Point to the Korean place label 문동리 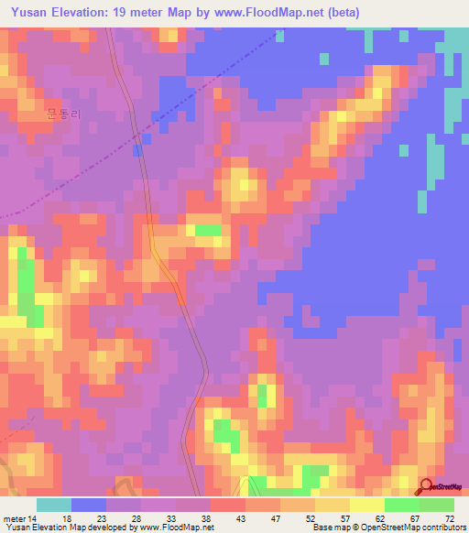pyautogui.click(x=63, y=115)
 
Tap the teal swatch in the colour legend pyautogui.click(x=54, y=505)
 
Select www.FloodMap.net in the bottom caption pyautogui.click(x=174, y=528)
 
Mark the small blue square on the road pyautogui.click(x=136, y=149)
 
